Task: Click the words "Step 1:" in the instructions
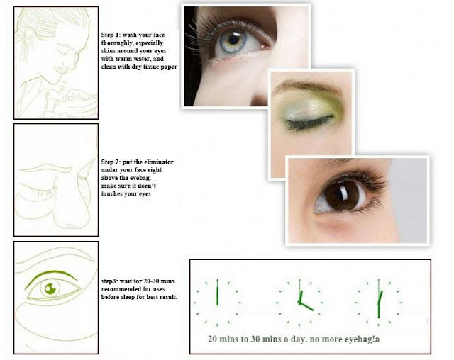point(111,35)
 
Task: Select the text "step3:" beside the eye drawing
point(109,281)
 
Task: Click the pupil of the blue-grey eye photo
point(234,39)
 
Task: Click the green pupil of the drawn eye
point(50,288)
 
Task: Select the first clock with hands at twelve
point(217,303)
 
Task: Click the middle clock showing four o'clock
point(299,303)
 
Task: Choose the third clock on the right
point(378,303)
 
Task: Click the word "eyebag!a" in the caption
point(362,339)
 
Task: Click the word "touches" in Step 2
point(112,193)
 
